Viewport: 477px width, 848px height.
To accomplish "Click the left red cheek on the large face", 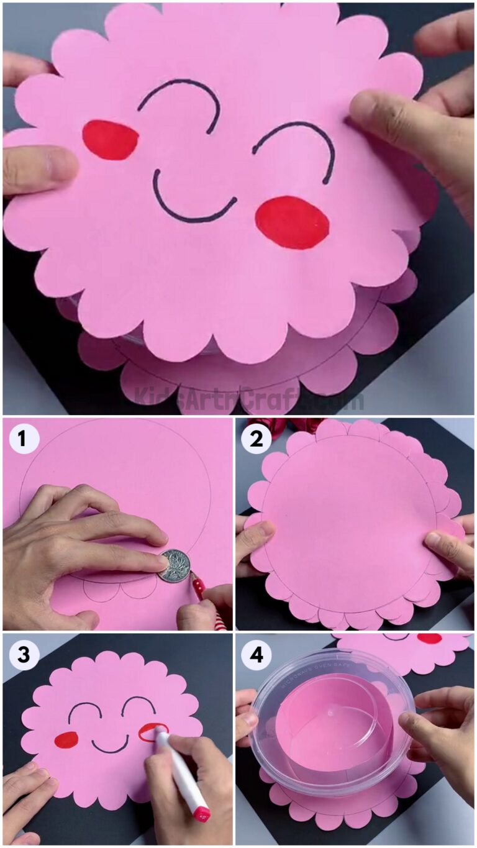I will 111,139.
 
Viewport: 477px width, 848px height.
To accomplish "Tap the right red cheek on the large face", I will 292,222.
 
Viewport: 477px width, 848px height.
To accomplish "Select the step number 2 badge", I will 256,439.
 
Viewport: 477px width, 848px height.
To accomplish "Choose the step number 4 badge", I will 256,655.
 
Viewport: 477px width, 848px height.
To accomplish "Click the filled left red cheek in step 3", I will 66,739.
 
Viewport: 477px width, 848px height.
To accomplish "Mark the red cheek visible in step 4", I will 429,639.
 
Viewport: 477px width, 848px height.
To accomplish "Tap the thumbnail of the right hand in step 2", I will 434,539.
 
